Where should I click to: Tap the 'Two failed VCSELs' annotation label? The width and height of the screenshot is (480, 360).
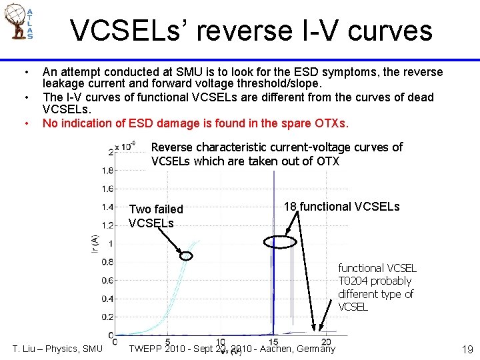point(155,216)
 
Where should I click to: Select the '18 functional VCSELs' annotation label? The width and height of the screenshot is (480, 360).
point(341,207)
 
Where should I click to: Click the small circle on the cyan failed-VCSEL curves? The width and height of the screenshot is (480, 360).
point(187,255)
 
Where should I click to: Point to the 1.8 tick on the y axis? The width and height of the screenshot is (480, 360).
point(107,171)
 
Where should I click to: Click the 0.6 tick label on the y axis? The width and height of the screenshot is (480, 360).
point(107,281)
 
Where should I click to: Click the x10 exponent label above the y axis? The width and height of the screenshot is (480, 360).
point(125,145)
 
